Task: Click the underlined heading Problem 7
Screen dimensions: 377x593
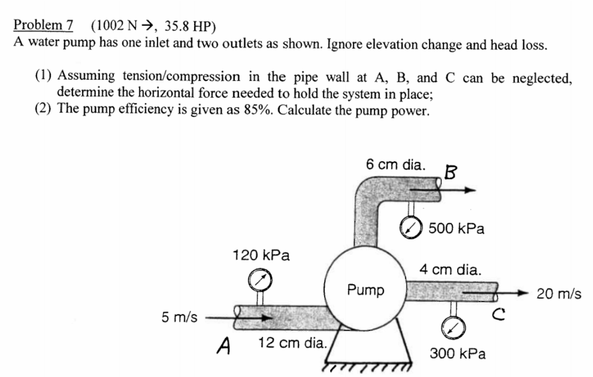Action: tap(43, 25)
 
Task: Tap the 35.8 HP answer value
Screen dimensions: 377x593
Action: tap(190, 26)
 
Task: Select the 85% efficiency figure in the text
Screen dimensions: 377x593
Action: tap(258, 110)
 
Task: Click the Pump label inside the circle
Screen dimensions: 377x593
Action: tap(365, 290)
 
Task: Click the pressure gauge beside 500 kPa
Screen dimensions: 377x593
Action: tap(411, 228)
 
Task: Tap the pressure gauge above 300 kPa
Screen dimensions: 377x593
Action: tap(453, 328)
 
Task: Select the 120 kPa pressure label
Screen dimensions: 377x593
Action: tap(261, 255)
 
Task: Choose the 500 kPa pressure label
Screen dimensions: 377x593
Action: tap(456, 228)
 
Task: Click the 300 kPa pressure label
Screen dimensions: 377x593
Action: tap(457, 353)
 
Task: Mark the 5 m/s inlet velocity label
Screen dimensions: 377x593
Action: tap(179, 317)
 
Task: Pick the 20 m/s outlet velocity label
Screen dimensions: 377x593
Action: tap(558, 294)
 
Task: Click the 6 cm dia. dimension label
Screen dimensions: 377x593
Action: tap(395, 164)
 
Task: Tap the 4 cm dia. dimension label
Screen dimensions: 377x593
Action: tap(450, 270)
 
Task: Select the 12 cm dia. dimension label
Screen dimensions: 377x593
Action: tap(292, 342)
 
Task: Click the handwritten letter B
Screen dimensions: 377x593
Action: tap(451, 172)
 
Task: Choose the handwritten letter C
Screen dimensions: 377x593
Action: tap(499, 314)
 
